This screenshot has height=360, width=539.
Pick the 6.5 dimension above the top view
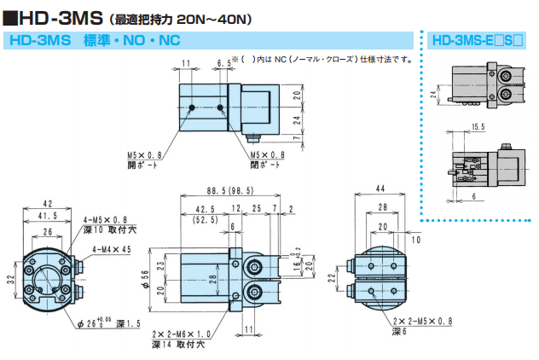pos(224,63)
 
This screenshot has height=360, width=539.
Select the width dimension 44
pos(381,188)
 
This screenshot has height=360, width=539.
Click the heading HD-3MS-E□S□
pos(477,39)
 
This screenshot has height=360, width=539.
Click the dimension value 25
pos(257,208)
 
